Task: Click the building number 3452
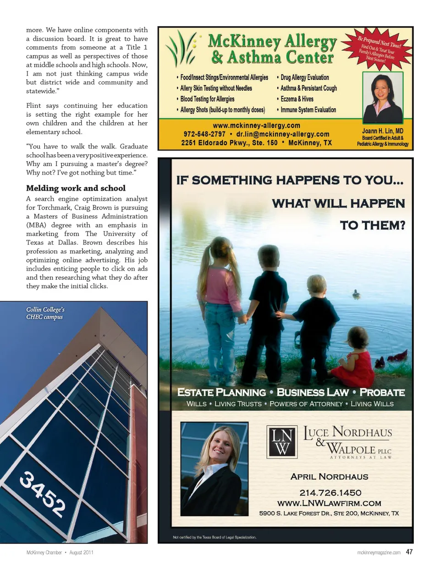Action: [x=43, y=494]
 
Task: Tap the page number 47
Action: [x=409, y=552]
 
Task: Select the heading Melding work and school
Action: [x=76, y=188]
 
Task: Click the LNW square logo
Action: [x=282, y=441]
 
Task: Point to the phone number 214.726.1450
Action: [x=330, y=493]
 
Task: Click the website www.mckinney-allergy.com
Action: [x=256, y=125]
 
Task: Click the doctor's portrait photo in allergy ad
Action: [x=383, y=97]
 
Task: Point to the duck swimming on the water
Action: [x=356, y=294]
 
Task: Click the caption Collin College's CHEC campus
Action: [x=45, y=313]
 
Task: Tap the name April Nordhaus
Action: [x=329, y=477]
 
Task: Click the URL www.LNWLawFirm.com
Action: [x=329, y=503]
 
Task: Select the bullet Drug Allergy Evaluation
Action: [x=304, y=78]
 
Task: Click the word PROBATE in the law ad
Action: [x=382, y=393]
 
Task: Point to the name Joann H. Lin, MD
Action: [x=382, y=131]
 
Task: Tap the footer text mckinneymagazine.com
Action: [x=379, y=553]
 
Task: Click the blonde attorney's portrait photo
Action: [x=214, y=469]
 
